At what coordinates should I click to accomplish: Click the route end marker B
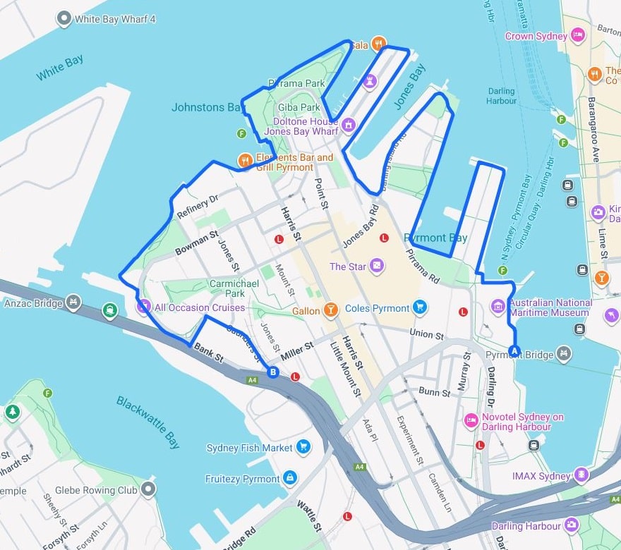(273, 372)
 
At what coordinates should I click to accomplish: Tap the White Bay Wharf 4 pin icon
(64, 19)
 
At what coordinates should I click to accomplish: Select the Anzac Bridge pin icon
(72, 304)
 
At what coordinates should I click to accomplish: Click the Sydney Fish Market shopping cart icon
(303, 447)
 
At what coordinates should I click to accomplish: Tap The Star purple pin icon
(378, 267)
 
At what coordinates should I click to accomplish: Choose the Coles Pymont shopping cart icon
(420, 307)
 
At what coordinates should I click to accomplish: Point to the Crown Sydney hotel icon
(578, 35)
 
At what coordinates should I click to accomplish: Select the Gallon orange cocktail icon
(330, 310)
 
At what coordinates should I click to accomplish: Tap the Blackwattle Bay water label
(148, 422)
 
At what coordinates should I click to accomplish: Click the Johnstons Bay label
(207, 107)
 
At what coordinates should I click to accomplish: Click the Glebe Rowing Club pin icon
(148, 489)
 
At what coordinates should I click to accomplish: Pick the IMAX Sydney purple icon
(581, 475)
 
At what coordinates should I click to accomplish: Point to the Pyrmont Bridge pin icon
(563, 354)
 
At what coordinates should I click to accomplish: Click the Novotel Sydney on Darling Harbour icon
(471, 421)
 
